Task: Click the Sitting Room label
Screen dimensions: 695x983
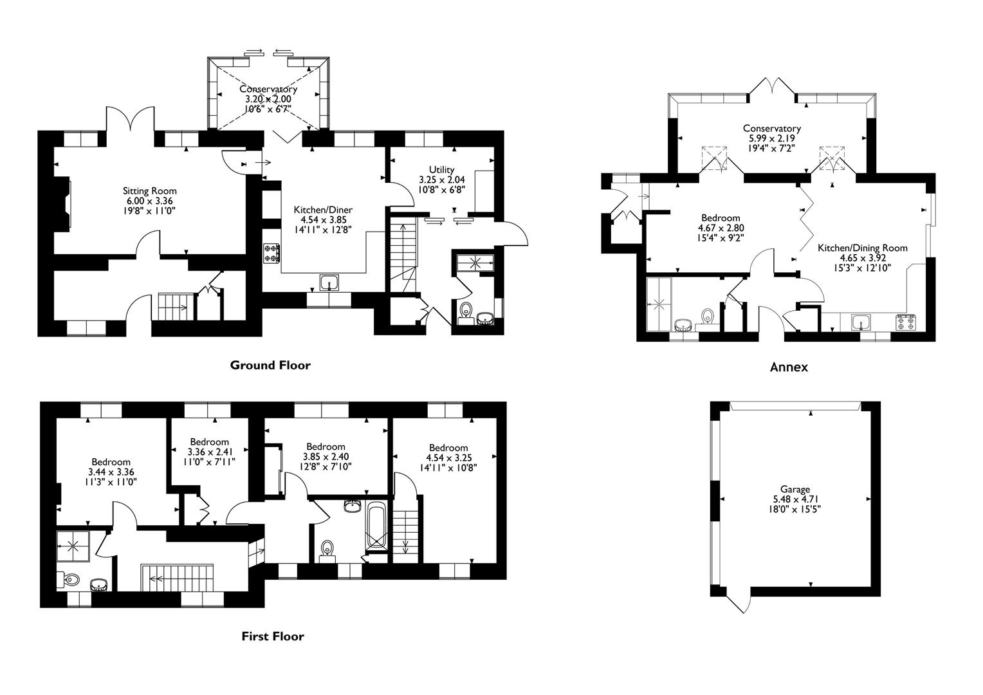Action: point(149,191)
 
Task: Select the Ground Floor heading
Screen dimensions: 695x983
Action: point(270,366)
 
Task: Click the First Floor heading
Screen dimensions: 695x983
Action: point(273,636)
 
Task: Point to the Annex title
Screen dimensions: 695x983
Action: point(789,367)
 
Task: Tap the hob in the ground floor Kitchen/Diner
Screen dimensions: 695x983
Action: point(271,253)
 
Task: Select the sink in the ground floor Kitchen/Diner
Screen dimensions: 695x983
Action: point(330,283)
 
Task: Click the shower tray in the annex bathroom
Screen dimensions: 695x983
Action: point(658,302)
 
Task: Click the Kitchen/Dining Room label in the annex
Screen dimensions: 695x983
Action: point(862,248)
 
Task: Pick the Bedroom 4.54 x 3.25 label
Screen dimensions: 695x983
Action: point(448,448)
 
